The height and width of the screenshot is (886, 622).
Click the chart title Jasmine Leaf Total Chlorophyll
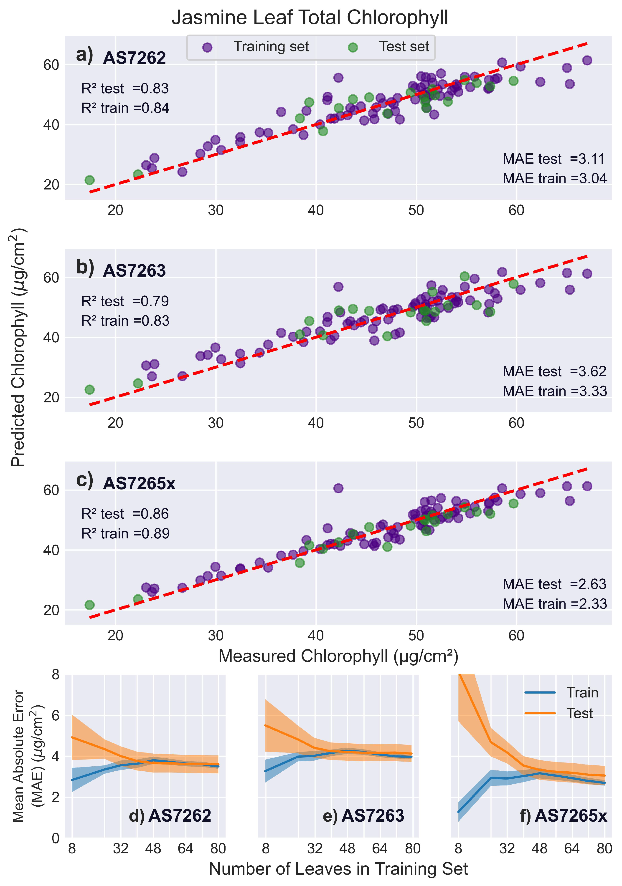[310, 18]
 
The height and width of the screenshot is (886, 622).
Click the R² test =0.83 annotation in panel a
[125, 89]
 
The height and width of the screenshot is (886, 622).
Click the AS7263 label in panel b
[134, 270]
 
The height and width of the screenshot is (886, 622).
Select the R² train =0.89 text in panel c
[125, 533]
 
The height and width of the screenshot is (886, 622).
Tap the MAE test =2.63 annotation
[554, 584]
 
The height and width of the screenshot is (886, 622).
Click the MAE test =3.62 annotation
[554, 371]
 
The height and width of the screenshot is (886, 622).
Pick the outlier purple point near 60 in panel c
[338, 488]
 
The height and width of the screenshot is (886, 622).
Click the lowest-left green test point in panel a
[90, 180]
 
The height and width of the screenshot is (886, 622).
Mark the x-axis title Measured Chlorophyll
[338, 656]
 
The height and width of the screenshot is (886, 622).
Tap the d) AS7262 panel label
[170, 815]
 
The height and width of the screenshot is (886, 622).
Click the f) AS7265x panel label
[563, 815]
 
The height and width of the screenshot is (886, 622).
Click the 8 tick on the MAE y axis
[55, 674]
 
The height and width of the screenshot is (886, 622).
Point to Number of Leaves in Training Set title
[338, 869]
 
